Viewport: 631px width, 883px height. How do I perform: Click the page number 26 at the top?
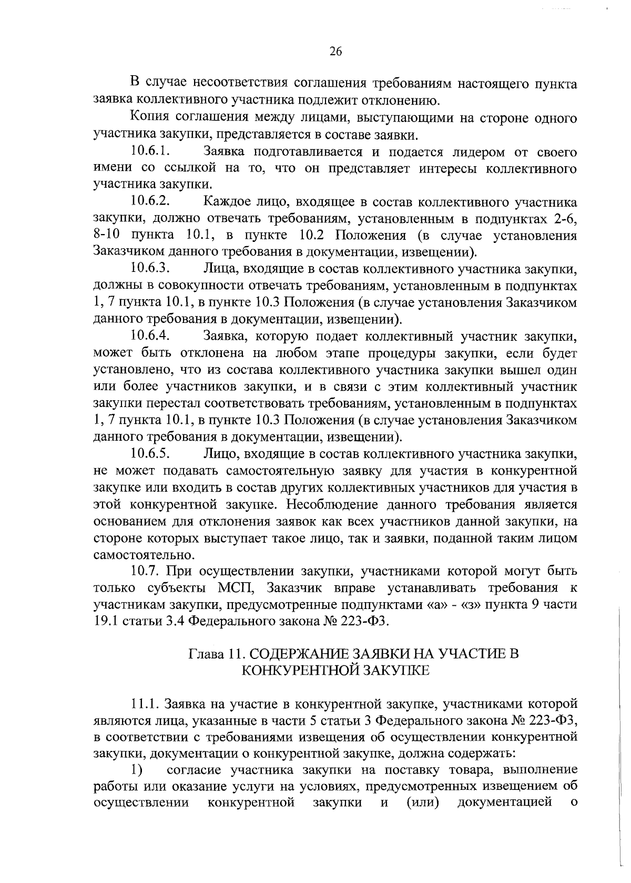click(x=335, y=51)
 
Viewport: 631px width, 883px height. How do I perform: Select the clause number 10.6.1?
click(x=150, y=152)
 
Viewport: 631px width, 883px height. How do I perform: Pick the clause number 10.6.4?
click(x=150, y=335)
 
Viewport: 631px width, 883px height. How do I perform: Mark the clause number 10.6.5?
click(x=150, y=452)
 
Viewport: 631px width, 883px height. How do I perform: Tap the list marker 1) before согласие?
click(x=137, y=770)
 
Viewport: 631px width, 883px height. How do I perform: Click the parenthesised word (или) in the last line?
click(x=422, y=803)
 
